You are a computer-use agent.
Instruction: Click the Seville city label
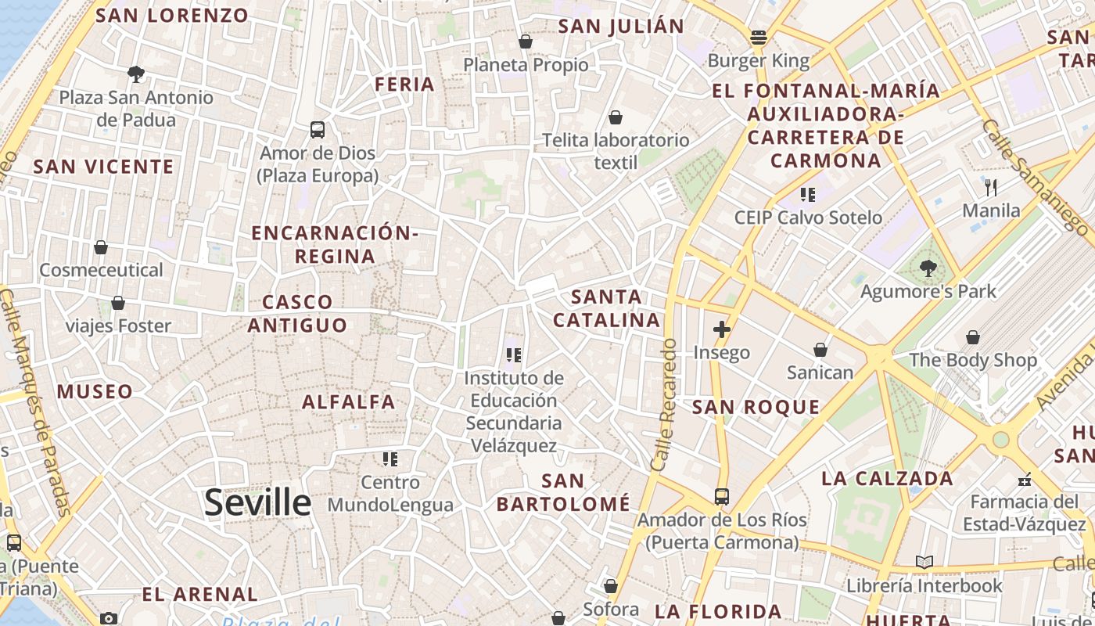(257, 502)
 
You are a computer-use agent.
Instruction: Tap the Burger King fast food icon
(758, 37)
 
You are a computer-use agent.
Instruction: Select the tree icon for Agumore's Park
(928, 268)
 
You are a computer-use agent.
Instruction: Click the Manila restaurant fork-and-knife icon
(990, 187)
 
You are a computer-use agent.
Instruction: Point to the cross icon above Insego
(721, 329)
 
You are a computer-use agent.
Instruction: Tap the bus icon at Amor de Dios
(317, 130)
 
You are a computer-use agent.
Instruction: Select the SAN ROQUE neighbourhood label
(756, 407)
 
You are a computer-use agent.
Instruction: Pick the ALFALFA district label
(349, 402)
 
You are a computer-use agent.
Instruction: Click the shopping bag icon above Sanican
(820, 349)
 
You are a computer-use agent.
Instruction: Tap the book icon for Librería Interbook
(924, 562)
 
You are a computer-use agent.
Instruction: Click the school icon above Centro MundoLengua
(390, 459)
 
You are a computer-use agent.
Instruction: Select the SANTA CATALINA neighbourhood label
(607, 308)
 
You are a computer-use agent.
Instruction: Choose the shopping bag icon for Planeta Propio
(526, 41)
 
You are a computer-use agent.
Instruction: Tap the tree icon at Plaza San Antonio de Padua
(136, 74)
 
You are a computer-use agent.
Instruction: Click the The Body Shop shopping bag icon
(972, 337)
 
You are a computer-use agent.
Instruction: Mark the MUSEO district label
(95, 391)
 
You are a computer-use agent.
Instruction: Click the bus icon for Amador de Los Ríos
(721, 496)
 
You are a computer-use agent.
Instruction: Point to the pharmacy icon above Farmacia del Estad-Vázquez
(1025, 479)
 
